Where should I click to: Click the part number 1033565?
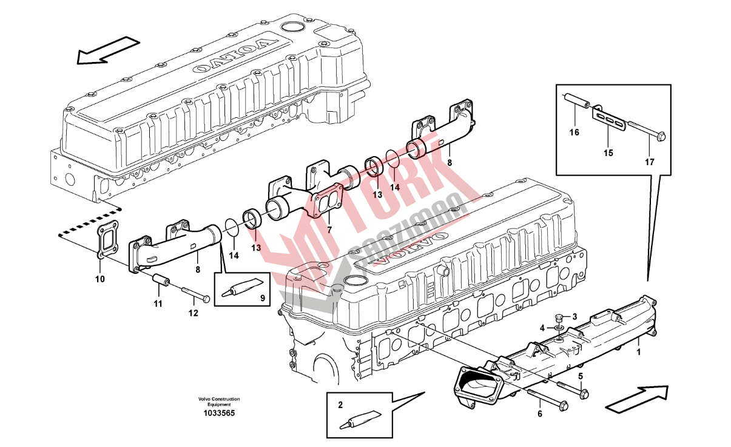(218, 413)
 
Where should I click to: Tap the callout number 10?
(100, 279)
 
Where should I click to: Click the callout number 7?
(329, 230)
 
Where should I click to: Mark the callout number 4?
(543, 328)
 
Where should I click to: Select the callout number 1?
(638, 350)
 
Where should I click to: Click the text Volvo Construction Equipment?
(218, 401)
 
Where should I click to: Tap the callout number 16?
(574, 132)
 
